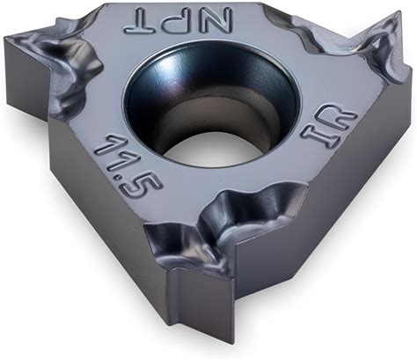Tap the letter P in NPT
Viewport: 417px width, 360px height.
[177, 22]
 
